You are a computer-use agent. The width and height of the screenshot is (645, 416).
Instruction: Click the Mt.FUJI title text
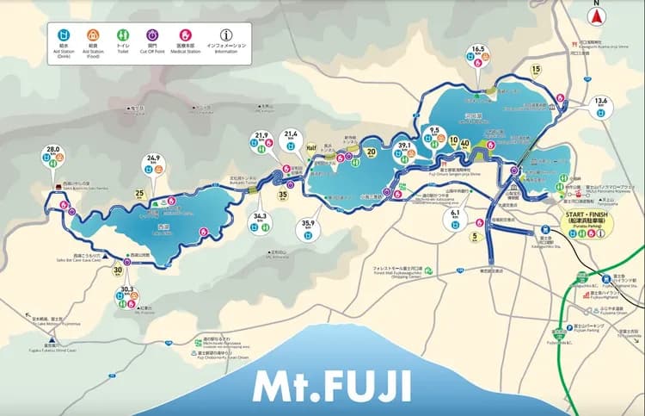[331, 385]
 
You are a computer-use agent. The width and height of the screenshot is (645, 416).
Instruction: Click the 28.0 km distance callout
[54, 150]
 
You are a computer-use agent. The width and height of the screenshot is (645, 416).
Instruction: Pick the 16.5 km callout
[480, 51]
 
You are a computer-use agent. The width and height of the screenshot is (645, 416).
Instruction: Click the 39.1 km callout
[402, 147]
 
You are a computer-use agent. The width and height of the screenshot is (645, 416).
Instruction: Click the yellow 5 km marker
[474, 234]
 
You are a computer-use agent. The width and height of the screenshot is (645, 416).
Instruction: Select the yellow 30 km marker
[117, 270]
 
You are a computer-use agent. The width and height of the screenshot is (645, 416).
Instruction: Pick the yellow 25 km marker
[139, 193]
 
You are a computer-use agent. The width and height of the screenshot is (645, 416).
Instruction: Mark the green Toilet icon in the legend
[121, 33]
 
